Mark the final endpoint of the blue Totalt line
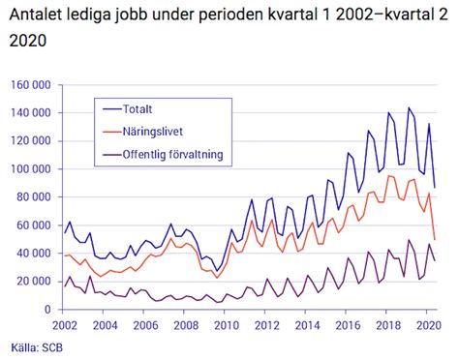click(435, 188)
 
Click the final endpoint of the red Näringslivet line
click(435, 239)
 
